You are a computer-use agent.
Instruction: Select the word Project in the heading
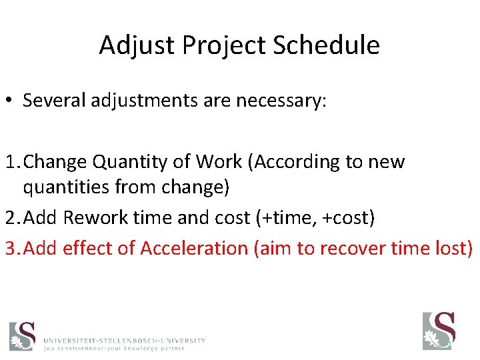point(213,45)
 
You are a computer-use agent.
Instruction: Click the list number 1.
point(9,162)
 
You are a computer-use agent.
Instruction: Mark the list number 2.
point(9,218)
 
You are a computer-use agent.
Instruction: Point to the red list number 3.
point(9,248)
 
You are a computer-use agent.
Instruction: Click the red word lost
point(453,248)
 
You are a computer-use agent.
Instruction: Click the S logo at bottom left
point(22,335)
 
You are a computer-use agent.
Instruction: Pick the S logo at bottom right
point(439,331)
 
